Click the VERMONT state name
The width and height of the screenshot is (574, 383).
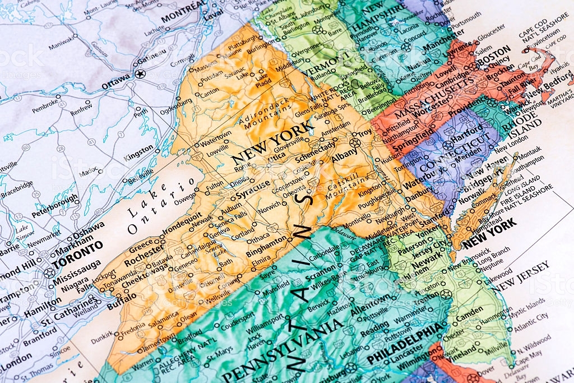(328, 65)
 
